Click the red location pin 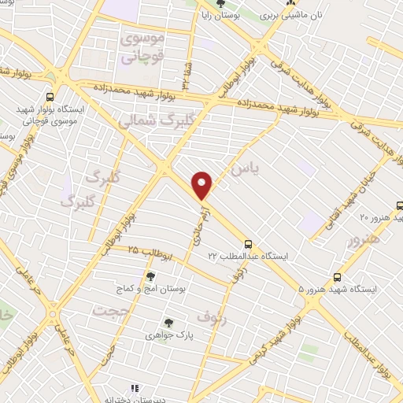[203, 185]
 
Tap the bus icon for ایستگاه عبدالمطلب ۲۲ [249, 244]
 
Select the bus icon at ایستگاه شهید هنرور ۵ [338, 277]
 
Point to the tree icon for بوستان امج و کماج [150, 275]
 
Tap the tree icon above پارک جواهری [168, 322]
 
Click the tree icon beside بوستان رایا [221, 5]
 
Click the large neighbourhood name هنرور [364, 239]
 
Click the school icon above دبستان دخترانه [133, 388]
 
